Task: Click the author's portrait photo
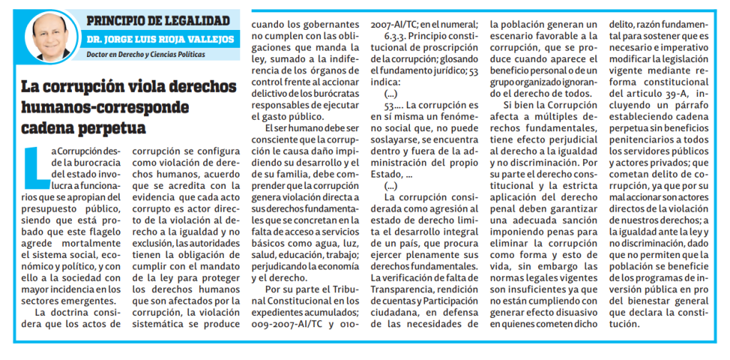[x=51, y=40]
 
